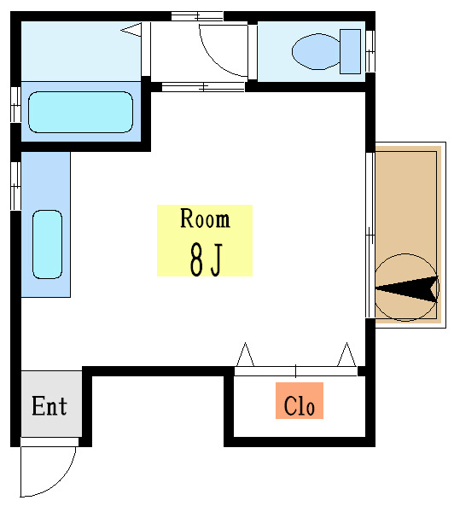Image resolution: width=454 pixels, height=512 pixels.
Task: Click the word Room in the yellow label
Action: coord(205,218)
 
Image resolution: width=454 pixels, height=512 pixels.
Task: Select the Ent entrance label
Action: coord(49,406)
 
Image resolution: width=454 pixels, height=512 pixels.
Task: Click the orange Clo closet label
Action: coord(300,401)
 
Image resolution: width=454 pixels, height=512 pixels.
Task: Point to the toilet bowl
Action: coord(316,51)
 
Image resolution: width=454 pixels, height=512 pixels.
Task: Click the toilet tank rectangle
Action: coord(350,51)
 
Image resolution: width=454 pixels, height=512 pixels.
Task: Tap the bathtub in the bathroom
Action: coord(81,112)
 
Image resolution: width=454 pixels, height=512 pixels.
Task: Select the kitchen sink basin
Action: coord(47,244)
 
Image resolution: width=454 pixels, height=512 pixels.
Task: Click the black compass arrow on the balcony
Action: coord(407,288)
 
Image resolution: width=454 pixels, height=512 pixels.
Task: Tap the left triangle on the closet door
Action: coord(245,355)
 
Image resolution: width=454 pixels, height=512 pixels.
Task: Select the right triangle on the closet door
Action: coord(346,355)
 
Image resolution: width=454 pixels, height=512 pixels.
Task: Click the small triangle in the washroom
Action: coord(131,30)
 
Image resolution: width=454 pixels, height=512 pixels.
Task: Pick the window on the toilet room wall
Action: coord(370,51)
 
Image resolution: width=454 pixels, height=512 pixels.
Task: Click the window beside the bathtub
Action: coord(15,104)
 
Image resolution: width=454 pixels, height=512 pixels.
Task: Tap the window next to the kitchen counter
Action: coord(15,186)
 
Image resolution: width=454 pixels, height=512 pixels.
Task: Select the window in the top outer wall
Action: coord(198,16)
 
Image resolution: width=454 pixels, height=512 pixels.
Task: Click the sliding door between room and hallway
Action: coord(203,87)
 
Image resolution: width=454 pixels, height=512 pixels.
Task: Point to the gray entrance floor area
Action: coord(51,404)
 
